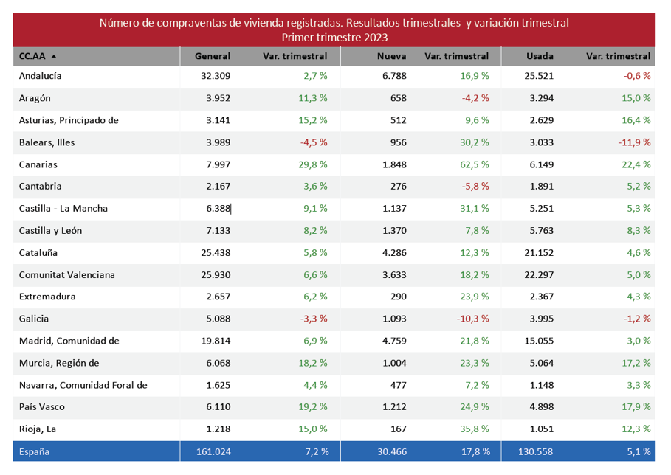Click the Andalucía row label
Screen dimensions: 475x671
pyautogui.click(x=41, y=76)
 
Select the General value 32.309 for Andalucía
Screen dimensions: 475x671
pyautogui.click(x=216, y=76)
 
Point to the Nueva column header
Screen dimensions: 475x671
pyautogui.click(x=391, y=56)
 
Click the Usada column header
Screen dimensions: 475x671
pyautogui.click(x=540, y=56)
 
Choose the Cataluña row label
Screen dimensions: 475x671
pyautogui.click(x=38, y=253)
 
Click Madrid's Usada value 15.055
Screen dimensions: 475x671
pyautogui.click(x=539, y=341)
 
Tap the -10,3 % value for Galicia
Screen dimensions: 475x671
pyautogui.click(x=472, y=319)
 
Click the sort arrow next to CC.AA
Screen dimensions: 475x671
pyautogui.click(x=54, y=56)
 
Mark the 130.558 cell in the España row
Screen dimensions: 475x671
pyautogui.click(x=534, y=451)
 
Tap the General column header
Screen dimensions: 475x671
pyautogui.click(x=213, y=56)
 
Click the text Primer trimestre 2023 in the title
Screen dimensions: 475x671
pyautogui.click(x=335, y=37)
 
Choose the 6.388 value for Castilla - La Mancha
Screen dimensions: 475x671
pyautogui.click(x=218, y=209)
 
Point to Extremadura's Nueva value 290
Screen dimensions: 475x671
pyautogui.click(x=398, y=297)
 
